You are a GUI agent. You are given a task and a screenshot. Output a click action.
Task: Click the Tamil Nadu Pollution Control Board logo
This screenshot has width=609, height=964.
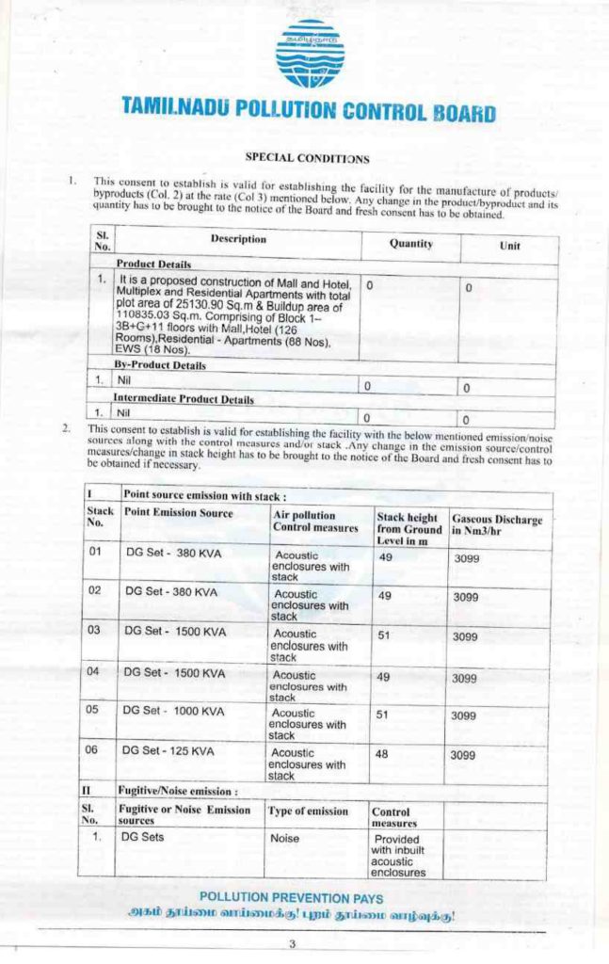point(309,54)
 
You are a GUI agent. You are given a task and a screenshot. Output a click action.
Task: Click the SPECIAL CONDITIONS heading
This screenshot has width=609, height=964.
point(307,158)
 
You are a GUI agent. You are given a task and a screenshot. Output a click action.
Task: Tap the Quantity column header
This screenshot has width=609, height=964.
point(410,243)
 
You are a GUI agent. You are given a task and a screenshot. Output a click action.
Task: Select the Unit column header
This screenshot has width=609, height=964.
point(509,245)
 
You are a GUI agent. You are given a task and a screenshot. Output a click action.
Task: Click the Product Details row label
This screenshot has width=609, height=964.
point(153,265)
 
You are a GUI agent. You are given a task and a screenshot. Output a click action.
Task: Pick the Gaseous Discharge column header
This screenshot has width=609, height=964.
point(496,524)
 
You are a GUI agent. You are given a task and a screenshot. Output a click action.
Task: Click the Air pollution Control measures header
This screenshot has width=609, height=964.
point(315,521)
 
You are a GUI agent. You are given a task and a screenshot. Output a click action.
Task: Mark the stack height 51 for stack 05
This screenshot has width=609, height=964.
point(384,714)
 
